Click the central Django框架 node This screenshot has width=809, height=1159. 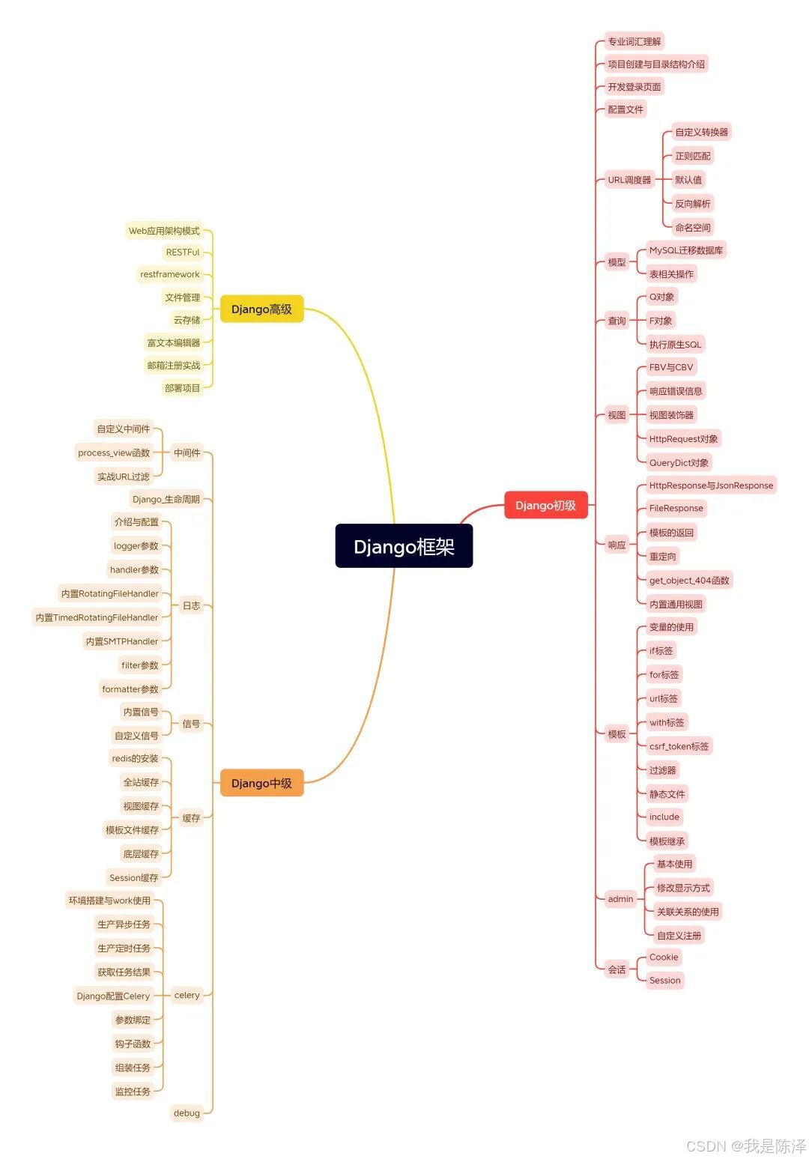click(404, 546)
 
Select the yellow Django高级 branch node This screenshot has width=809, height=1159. click(261, 309)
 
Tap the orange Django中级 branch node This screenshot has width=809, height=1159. click(261, 783)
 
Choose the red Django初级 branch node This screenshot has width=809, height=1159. click(545, 505)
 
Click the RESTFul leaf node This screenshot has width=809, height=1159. click(183, 252)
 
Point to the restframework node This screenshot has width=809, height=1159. click(170, 274)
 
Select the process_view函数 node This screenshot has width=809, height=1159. click(114, 453)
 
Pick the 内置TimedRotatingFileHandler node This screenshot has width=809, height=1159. click(97, 617)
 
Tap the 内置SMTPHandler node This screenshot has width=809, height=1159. click(122, 641)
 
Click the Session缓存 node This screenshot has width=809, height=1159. click(134, 877)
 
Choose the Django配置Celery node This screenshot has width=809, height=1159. click(113, 996)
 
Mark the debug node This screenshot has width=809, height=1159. click(187, 1113)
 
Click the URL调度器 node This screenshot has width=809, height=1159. click(629, 180)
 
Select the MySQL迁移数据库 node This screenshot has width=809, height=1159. click(686, 250)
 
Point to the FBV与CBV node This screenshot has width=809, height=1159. click(671, 367)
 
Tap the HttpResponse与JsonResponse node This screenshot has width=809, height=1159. click(711, 485)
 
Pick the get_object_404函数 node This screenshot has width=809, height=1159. click(689, 580)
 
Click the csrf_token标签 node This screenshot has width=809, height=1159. click(679, 746)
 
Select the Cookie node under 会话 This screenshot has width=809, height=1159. click(664, 957)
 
